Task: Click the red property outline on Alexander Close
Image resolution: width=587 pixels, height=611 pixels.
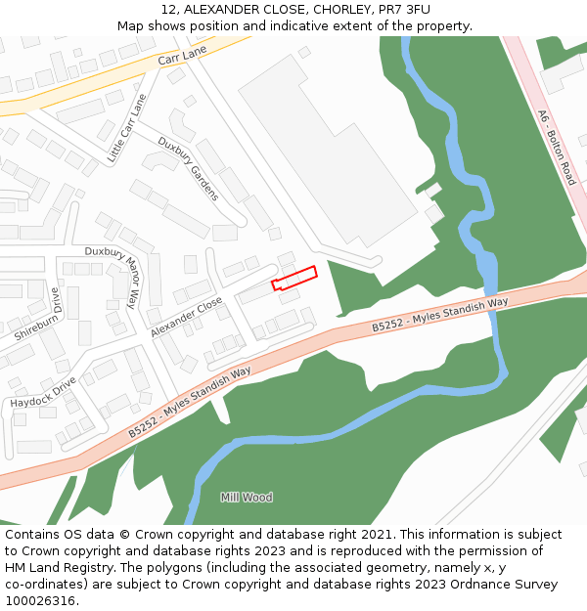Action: [x=294, y=278]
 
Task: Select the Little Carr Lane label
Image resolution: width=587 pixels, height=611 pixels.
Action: [x=125, y=128]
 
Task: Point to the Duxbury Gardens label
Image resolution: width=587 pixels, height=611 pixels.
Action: [x=189, y=168]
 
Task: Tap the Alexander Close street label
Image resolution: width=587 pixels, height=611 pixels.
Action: [x=187, y=319]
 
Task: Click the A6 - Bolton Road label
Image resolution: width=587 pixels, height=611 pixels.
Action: [x=557, y=148]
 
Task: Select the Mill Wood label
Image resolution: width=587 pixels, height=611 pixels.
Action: [x=247, y=498]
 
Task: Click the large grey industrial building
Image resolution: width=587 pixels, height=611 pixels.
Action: [x=328, y=147]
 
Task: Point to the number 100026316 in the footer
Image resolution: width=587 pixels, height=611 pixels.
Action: [x=39, y=600]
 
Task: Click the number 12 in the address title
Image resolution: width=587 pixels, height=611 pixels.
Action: [x=167, y=10]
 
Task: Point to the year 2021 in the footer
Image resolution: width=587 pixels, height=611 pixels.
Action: [x=377, y=535]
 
